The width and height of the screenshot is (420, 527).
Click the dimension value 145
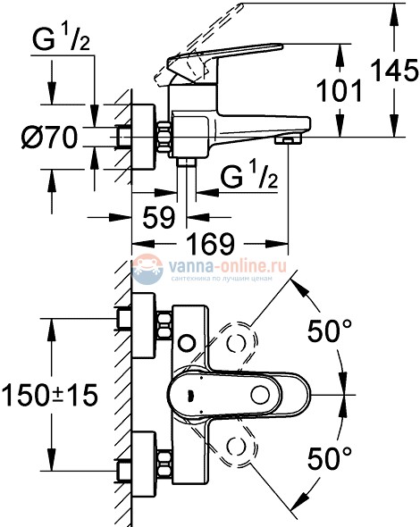[x=397, y=69]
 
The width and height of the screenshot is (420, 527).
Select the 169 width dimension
[x=211, y=241]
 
